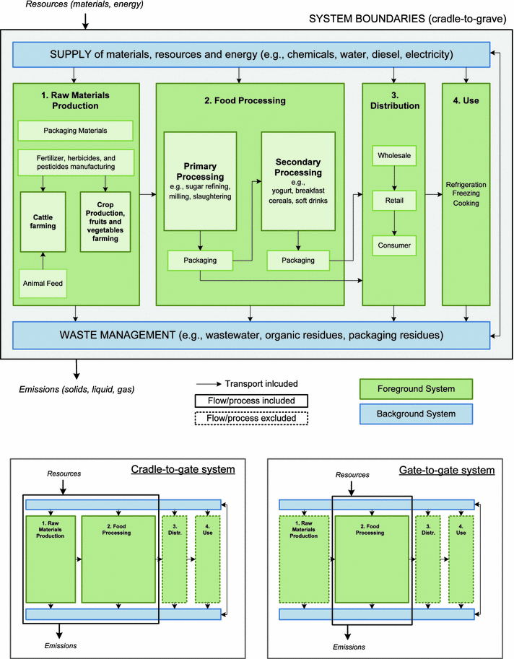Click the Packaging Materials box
point(76,131)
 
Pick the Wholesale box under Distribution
point(392,154)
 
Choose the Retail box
point(392,200)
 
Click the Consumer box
point(392,245)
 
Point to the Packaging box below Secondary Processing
point(297,258)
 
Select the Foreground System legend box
point(415,390)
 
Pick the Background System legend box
point(415,413)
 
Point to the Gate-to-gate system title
point(446,470)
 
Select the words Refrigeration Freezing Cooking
point(467,194)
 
